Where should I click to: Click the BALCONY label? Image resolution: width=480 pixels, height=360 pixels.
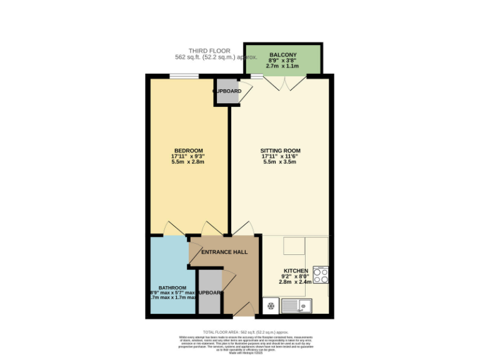pyautogui.click(x=282, y=54)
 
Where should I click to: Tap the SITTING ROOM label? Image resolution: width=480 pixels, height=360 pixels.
pyautogui.click(x=281, y=151)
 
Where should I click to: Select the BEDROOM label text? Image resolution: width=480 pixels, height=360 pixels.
pyautogui.click(x=188, y=151)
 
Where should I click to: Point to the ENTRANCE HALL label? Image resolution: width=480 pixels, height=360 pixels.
pyautogui.click(x=224, y=252)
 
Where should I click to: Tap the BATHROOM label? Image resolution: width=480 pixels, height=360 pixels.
pyautogui.click(x=172, y=288)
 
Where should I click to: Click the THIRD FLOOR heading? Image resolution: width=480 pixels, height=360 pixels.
pyautogui.click(x=209, y=51)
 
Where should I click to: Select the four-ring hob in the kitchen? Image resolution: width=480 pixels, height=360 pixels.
pyautogui.click(x=321, y=276)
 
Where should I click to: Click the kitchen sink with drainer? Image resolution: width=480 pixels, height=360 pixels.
pyautogui.click(x=297, y=306)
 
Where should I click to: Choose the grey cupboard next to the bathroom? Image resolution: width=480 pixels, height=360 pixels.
pyautogui.click(x=209, y=292)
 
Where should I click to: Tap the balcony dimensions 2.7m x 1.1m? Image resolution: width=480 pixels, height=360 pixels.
pyautogui.click(x=282, y=66)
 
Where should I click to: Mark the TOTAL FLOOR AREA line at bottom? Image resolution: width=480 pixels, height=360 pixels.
pyautogui.click(x=246, y=331)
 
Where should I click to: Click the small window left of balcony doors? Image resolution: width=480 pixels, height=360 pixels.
pyautogui.click(x=257, y=76)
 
